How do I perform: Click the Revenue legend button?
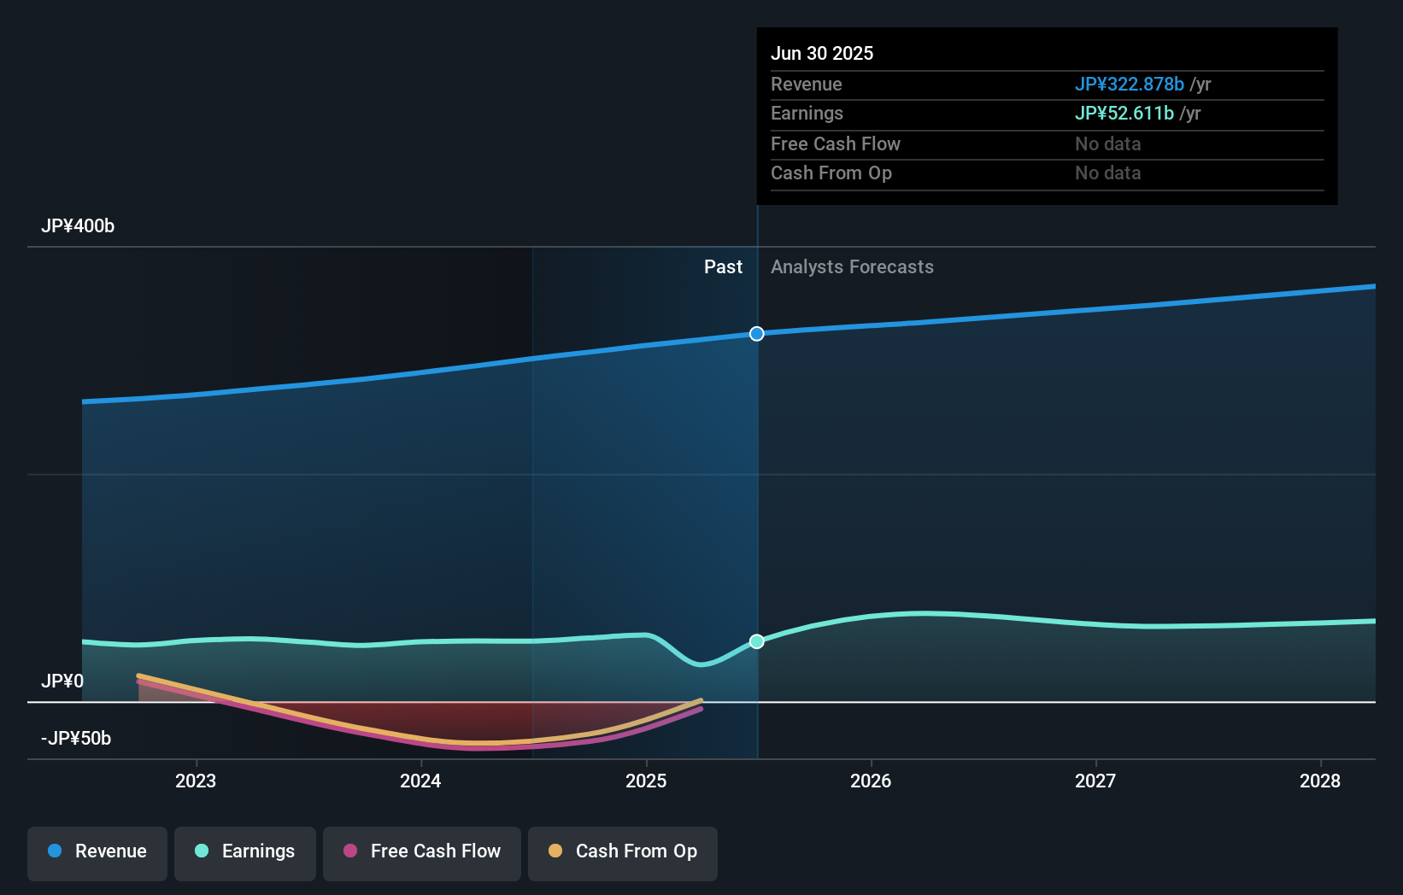point(97,851)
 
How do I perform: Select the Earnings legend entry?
point(245,851)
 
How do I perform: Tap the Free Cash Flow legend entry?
point(422,851)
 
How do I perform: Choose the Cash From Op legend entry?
point(623,851)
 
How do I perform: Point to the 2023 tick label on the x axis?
point(196,781)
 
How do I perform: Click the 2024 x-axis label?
point(420,781)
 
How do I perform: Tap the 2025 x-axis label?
point(646,781)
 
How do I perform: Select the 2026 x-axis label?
point(871,781)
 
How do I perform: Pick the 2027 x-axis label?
point(1095,781)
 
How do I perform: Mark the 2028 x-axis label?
point(1320,781)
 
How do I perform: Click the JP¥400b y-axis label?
point(78,226)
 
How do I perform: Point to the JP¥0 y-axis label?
point(62,681)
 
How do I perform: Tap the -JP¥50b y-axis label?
point(76,739)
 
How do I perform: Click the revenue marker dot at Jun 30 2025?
point(757,334)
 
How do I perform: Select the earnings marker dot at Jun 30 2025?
point(757,641)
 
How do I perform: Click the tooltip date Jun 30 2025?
point(822,53)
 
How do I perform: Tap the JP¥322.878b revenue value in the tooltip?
point(1129,84)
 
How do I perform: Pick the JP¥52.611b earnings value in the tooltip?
point(1124,113)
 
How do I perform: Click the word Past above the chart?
point(723,267)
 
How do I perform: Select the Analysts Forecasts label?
point(852,267)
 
